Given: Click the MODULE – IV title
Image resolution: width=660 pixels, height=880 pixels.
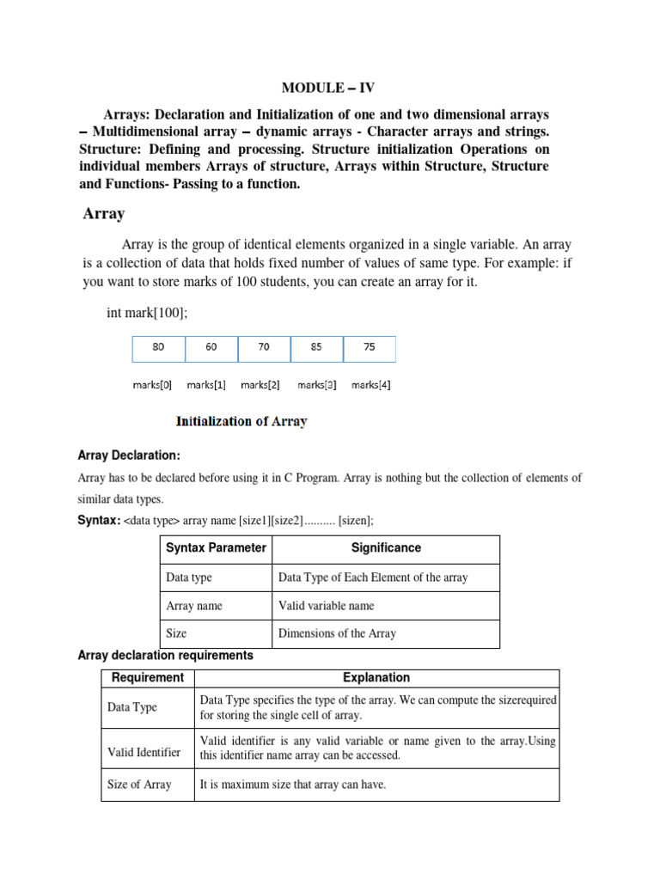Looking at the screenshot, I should click(329, 87).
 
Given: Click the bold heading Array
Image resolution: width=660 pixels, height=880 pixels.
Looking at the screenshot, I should click(103, 214).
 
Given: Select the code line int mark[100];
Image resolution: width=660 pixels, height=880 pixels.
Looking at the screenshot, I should click(146, 313).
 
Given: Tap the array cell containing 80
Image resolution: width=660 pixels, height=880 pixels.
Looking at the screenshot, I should click(158, 348).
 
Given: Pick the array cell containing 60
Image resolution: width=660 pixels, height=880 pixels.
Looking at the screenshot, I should click(211, 348).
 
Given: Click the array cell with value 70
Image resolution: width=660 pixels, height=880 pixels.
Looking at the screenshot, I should click(264, 348).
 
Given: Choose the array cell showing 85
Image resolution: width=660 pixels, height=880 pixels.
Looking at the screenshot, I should click(316, 348).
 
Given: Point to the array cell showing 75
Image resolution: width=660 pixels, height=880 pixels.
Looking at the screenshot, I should click(370, 348).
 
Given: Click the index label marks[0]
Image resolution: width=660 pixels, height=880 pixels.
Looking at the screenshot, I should click(152, 385).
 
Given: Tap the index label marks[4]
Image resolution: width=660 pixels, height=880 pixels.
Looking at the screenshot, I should click(370, 385).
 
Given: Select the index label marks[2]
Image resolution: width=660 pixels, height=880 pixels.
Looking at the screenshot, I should click(260, 385).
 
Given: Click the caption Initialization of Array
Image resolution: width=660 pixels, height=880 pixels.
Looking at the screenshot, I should click(241, 421).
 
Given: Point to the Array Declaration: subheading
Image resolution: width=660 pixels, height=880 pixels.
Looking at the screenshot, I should click(129, 455).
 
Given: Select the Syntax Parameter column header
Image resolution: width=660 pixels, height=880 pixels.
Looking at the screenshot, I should click(216, 547).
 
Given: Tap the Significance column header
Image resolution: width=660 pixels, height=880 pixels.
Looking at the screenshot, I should click(386, 547).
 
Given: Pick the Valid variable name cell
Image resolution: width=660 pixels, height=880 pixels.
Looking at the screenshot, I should click(326, 605).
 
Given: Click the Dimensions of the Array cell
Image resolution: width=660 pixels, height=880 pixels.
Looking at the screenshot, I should click(337, 633).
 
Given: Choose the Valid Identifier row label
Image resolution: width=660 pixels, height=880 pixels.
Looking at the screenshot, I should click(144, 752).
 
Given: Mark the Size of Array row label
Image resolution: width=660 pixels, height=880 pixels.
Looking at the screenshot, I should click(139, 784).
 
